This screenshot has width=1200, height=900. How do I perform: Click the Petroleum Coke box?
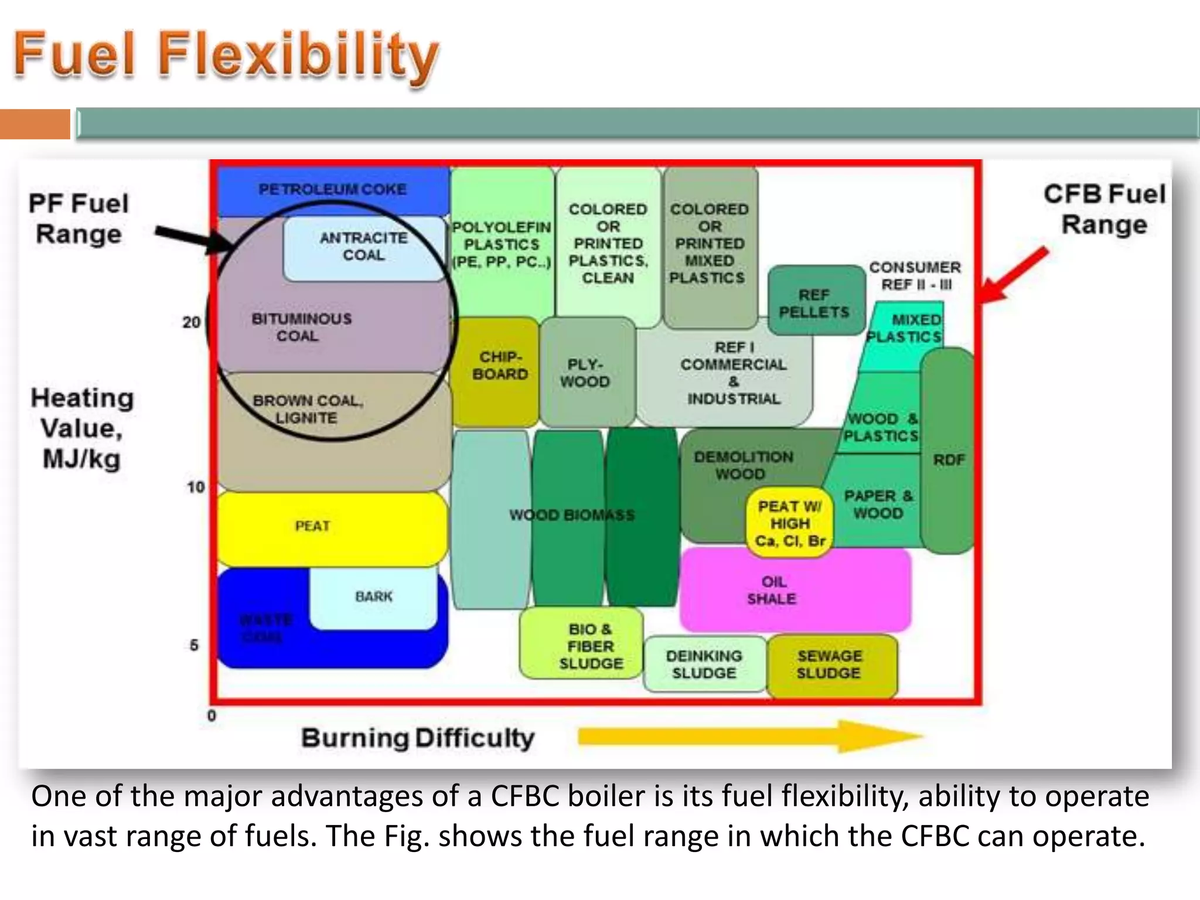tap(332, 189)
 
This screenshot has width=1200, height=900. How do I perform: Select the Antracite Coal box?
tap(363, 247)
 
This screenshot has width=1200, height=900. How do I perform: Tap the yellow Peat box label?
tap(312, 526)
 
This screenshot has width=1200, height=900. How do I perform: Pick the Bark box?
tap(373, 597)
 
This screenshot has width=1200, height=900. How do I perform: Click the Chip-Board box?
tap(500, 366)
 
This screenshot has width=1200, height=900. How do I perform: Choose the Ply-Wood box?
tap(585, 373)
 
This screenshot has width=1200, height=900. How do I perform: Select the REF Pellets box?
tap(814, 303)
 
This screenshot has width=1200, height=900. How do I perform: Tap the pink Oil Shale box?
tap(772, 590)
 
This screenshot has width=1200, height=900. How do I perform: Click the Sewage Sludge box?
tap(829, 664)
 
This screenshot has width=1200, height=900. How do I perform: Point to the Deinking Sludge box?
tap(704, 664)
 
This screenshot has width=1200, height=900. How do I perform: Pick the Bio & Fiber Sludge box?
tap(590, 646)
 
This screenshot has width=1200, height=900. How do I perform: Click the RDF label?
tap(949, 460)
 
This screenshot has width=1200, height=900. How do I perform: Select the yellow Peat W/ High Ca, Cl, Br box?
tap(789, 523)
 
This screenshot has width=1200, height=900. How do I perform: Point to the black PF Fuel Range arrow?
tap(193, 238)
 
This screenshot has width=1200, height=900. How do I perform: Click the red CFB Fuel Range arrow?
tap(1013, 275)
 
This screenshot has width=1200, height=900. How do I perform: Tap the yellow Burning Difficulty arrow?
tap(750, 737)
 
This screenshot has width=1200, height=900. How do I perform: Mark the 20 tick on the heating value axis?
tap(192, 322)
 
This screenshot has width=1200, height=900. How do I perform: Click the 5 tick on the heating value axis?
tap(194, 645)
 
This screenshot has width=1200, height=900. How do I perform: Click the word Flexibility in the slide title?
tap(299, 55)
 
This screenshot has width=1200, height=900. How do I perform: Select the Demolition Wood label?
tap(742, 465)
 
